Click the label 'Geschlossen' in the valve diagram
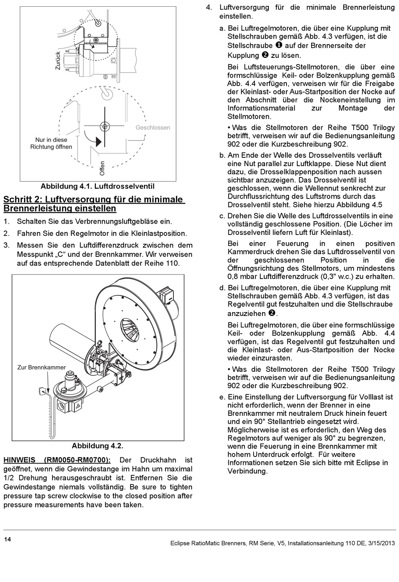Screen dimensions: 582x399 click(152, 128)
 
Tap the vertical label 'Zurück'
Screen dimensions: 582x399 click(58, 60)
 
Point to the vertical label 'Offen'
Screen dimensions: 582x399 click(102, 168)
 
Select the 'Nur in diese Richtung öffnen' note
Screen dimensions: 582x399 click(51, 143)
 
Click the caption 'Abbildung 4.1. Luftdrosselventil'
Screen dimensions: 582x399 click(97, 186)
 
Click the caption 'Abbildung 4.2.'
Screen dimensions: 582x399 click(97, 446)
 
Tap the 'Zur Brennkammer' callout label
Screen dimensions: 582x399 click(42, 367)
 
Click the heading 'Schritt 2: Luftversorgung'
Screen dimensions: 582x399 click(94, 204)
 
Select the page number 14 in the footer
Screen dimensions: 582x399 click(8, 539)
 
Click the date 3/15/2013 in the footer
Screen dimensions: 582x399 click(381, 543)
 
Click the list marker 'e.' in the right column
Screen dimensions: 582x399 click(222, 397)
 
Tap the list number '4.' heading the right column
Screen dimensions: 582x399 click(209, 7)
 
